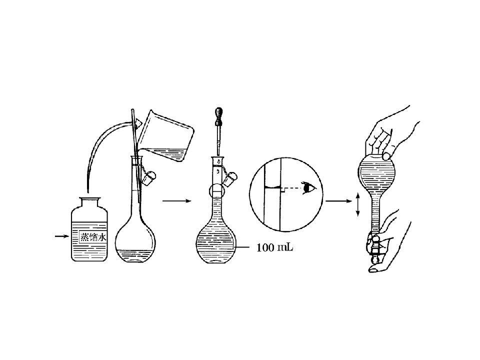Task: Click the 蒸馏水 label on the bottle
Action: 93,237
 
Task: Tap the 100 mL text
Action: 274,247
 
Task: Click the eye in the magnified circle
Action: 309,187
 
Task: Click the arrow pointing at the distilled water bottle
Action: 62,236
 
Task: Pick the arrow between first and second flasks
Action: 177,201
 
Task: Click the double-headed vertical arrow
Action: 357,204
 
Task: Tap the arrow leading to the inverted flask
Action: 339,201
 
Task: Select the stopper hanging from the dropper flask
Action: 230,179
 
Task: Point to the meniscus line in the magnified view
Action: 272,187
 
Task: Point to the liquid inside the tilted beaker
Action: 165,153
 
